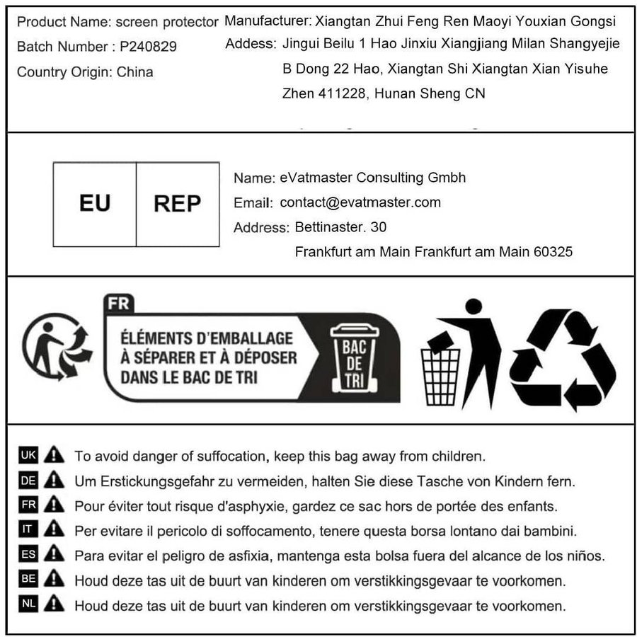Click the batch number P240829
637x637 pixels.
(x=148, y=47)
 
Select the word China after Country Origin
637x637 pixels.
(x=134, y=72)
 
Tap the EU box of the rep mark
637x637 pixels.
(x=95, y=204)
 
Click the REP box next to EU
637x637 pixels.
(x=177, y=204)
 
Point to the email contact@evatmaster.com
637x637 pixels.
(x=360, y=202)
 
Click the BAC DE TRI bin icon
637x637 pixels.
(x=355, y=357)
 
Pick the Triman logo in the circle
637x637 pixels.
(x=57, y=347)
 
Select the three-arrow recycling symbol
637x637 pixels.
(x=563, y=358)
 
